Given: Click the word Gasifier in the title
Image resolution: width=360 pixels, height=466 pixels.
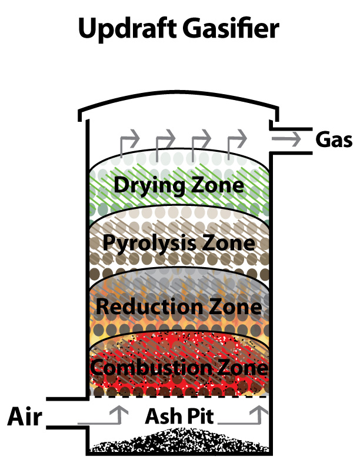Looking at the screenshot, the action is click(x=231, y=28).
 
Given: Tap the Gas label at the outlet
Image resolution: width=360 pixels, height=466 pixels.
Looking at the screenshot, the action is click(x=334, y=139).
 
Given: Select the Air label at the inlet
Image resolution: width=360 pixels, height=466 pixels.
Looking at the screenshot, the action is click(x=25, y=417).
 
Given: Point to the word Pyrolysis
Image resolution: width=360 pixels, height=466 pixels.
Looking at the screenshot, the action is click(x=149, y=244).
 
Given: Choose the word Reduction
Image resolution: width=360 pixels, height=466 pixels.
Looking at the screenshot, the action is click(x=149, y=306).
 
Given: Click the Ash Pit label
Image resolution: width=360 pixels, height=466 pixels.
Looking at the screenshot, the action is click(x=179, y=416).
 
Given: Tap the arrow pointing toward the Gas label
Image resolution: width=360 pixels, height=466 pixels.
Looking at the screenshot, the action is click(x=286, y=139).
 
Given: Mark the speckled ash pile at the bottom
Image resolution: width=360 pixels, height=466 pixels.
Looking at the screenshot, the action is click(x=179, y=441).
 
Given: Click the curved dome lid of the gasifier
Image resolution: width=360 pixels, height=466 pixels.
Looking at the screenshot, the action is click(x=178, y=95).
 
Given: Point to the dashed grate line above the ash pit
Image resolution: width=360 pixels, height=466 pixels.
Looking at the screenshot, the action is click(x=178, y=397).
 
